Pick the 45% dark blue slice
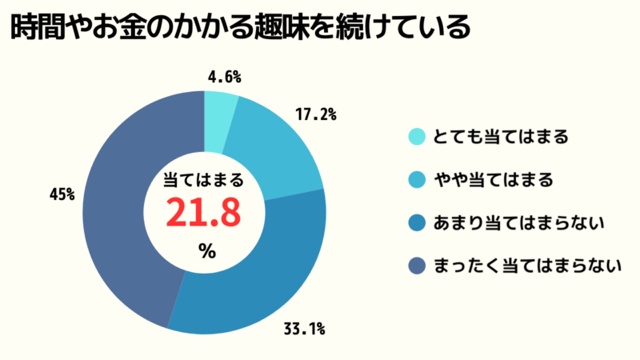pyautogui.click(x=120, y=216)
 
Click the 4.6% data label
pyautogui.click(x=224, y=78)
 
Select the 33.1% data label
pyautogui.click(x=306, y=328)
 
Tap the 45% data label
pyautogui.click(x=62, y=193)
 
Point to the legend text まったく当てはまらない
pyautogui.click(x=527, y=266)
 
